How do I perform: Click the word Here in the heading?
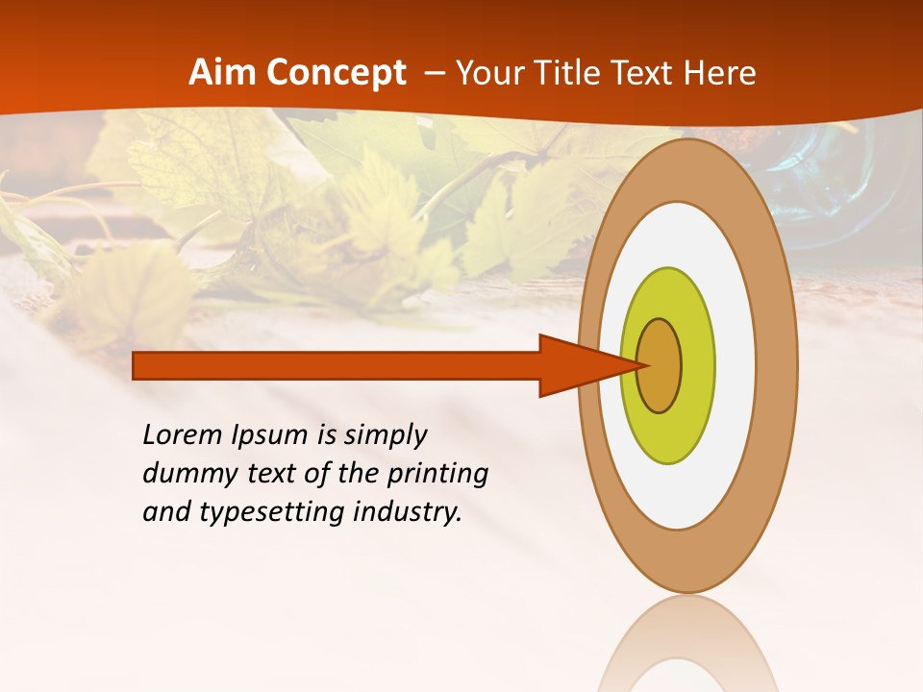click(720, 73)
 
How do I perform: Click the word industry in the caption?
click(408, 512)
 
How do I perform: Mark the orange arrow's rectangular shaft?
click(337, 365)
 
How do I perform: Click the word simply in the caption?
click(386, 436)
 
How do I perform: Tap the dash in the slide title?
click(434, 74)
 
